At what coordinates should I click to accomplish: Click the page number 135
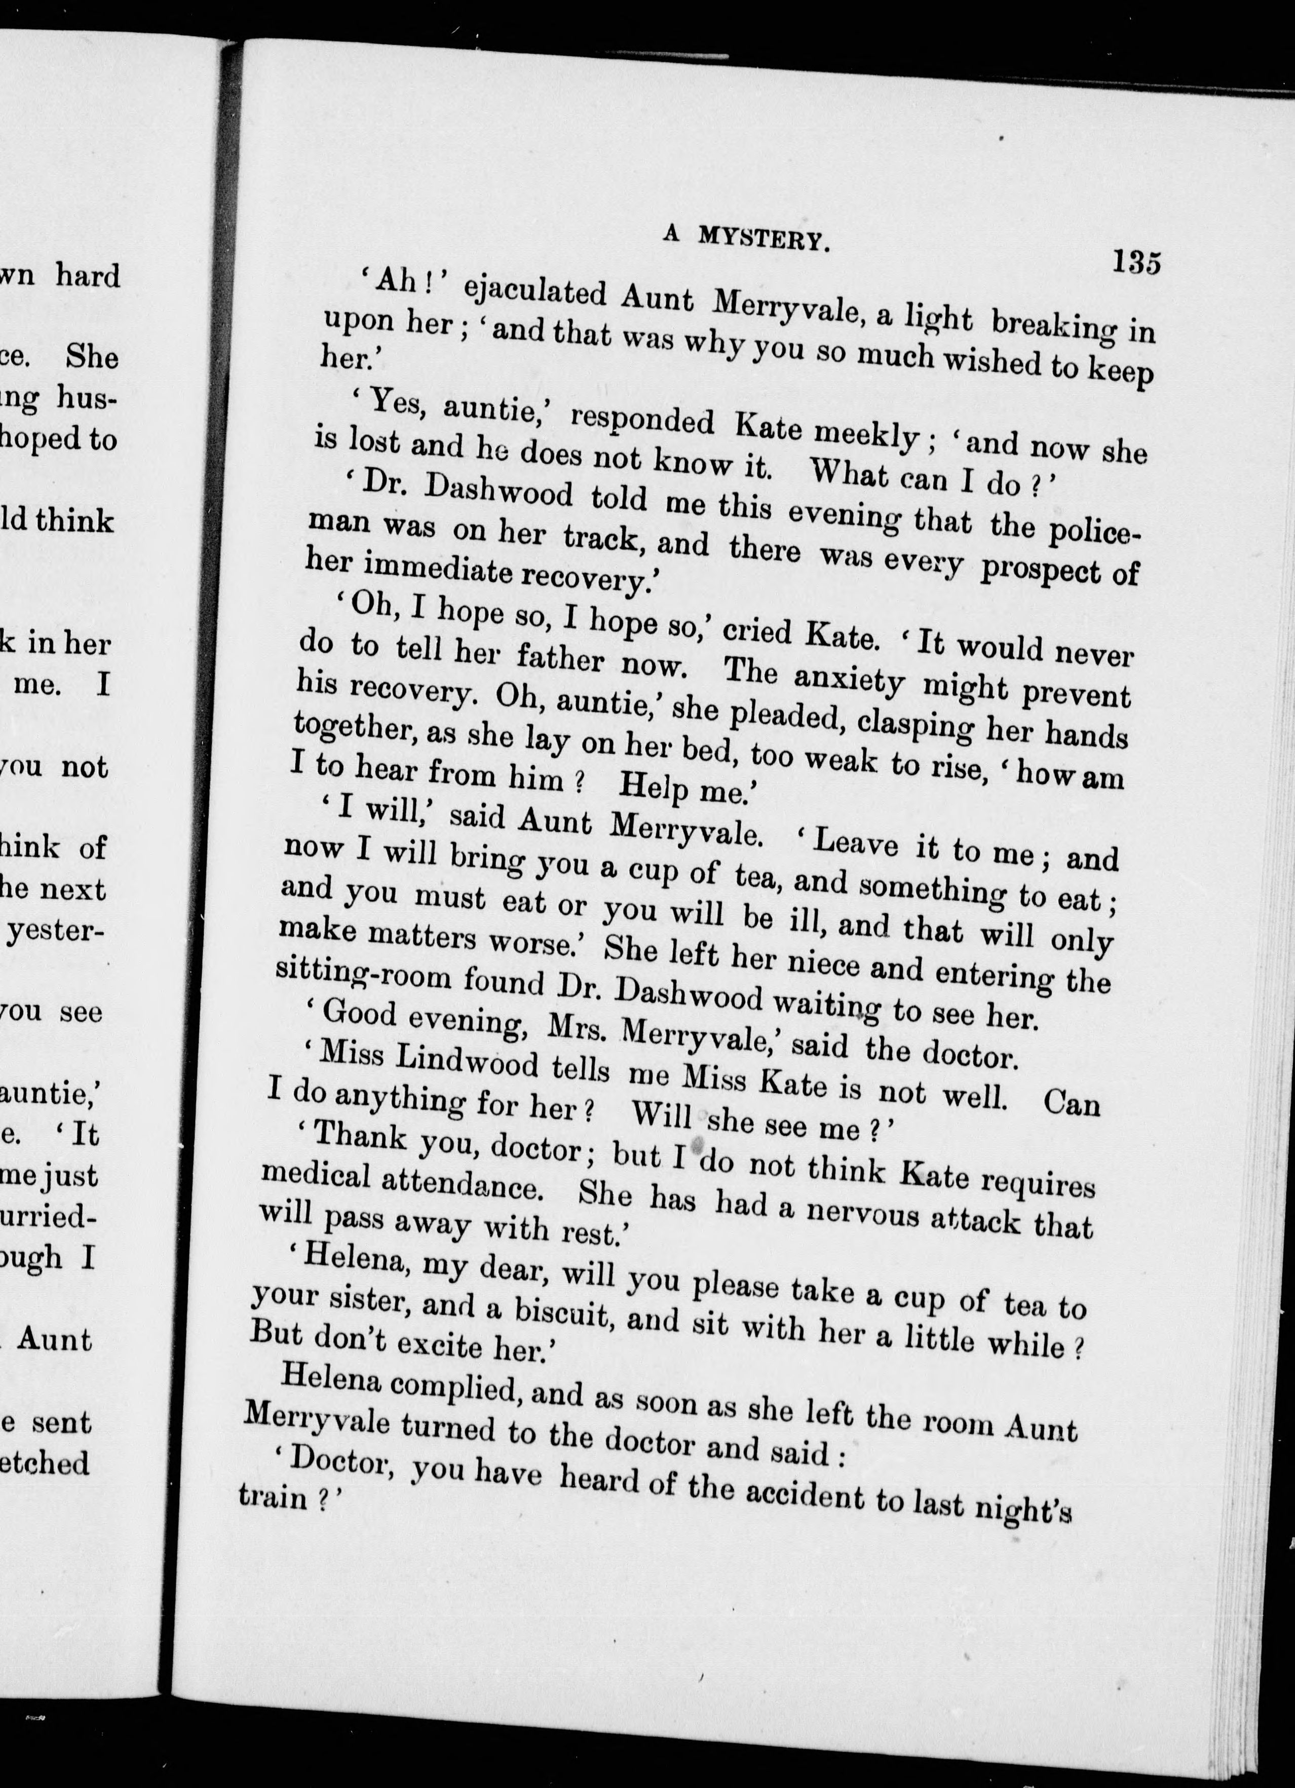pos(1136,262)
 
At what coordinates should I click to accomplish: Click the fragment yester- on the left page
pos(55,933)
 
